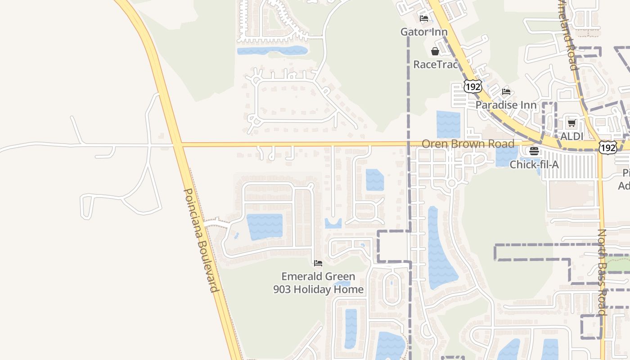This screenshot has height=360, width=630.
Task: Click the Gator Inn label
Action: click(x=424, y=32)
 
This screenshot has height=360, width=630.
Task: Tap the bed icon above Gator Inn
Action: click(x=424, y=19)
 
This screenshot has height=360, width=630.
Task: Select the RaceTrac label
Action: click(x=435, y=64)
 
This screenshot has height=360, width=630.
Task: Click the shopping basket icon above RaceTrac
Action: click(x=435, y=51)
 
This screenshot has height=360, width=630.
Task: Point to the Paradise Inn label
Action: click(x=506, y=105)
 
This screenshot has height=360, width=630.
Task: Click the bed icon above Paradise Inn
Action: click(x=506, y=92)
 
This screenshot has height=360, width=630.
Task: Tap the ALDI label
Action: click(x=571, y=136)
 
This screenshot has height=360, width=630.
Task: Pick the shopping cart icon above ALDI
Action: click(x=571, y=123)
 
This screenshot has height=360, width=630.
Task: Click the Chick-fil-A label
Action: click(x=534, y=165)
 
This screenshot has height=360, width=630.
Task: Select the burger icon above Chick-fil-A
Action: click(x=534, y=151)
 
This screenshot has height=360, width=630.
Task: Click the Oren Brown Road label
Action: click(x=468, y=144)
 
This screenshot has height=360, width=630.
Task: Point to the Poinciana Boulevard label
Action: click(x=201, y=240)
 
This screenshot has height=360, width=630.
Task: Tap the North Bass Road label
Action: click(x=602, y=272)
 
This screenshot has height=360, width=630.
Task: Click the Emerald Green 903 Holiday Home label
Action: click(x=318, y=283)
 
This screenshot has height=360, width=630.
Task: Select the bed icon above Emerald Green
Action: click(x=318, y=263)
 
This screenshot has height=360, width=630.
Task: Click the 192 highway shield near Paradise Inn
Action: click(x=472, y=86)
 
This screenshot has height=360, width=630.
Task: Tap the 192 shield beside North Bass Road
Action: click(x=607, y=147)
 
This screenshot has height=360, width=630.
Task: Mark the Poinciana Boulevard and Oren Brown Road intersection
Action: click(x=178, y=144)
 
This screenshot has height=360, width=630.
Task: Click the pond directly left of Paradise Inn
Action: click(x=448, y=124)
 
